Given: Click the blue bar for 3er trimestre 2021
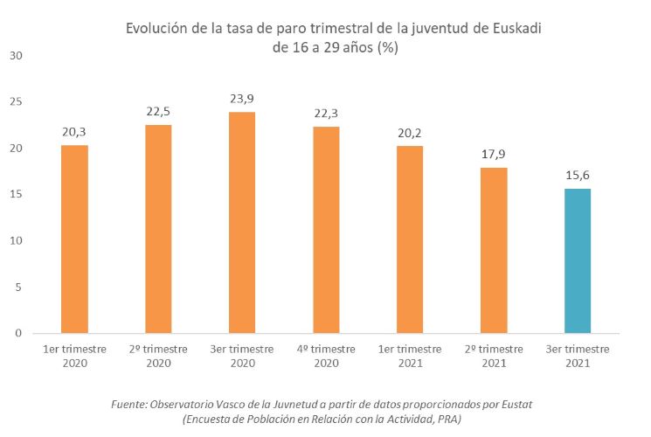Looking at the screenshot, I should (x=578, y=260).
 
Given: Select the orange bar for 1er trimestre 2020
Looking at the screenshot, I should (x=74, y=239).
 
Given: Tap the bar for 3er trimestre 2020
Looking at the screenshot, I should (x=242, y=222).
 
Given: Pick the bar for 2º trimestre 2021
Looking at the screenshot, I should (x=494, y=250).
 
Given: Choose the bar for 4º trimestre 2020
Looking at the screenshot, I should (x=326, y=230).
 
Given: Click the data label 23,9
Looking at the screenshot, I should (x=242, y=98).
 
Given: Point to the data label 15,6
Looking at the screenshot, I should (x=578, y=175).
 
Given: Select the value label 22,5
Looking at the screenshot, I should (x=158, y=111).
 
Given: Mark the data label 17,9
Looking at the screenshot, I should (x=494, y=154).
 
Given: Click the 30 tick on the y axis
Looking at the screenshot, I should (x=16, y=56).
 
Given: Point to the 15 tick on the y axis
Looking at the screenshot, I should (x=16, y=195).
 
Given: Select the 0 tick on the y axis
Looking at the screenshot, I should (x=18, y=333).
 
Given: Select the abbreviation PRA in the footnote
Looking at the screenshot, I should (x=445, y=420).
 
